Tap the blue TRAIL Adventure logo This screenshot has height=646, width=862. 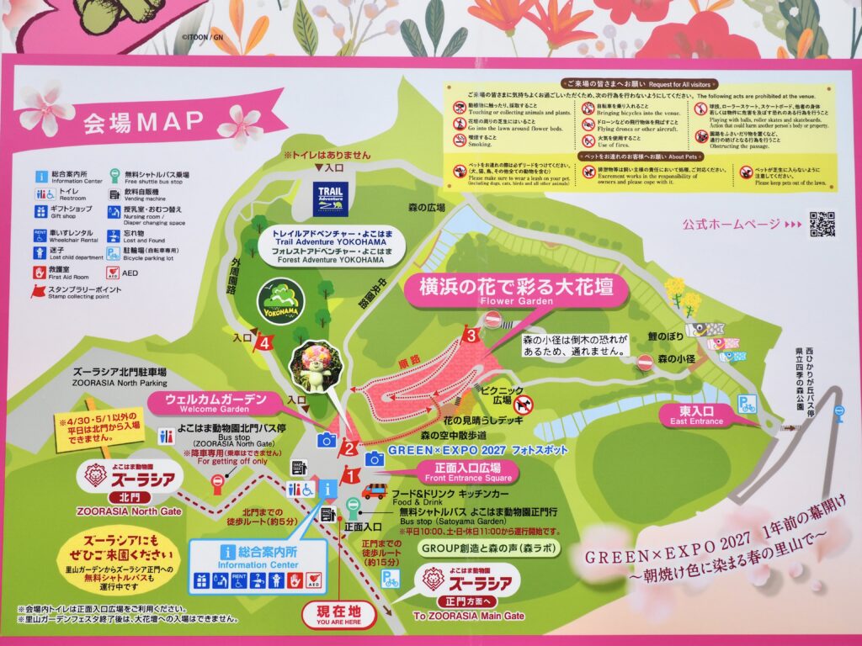[330, 199]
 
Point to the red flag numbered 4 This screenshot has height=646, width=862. [265, 342]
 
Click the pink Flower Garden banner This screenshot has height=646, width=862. [518, 291]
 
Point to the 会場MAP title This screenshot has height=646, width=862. [143, 122]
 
